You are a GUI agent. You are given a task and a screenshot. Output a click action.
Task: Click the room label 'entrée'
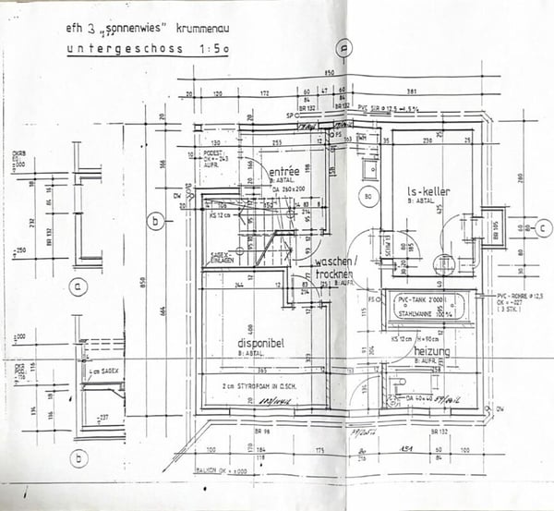point(283,171)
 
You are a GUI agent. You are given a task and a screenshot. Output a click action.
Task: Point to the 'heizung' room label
point(431,352)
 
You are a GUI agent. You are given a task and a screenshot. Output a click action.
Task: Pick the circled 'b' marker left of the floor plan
point(157,220)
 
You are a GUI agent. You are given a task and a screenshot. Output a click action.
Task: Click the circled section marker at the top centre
point(343,51)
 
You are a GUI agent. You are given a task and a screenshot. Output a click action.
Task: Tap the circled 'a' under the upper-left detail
point(79,287)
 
